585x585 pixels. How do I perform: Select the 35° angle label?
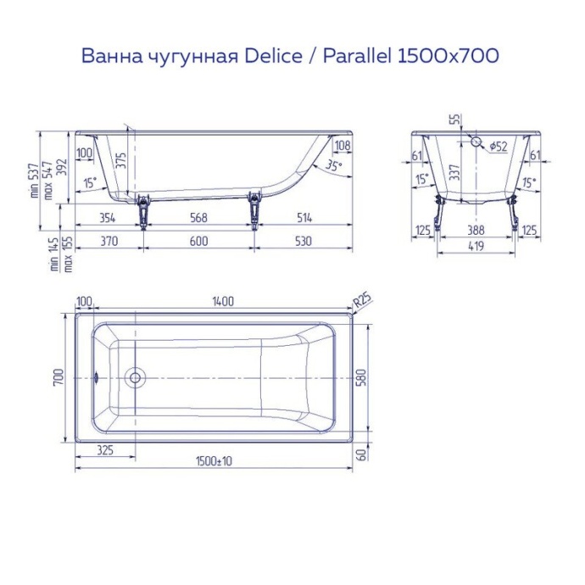[334, 166]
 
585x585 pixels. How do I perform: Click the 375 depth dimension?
[121, 161]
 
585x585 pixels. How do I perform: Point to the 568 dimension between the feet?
[198, 218]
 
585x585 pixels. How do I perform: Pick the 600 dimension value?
[198, 241]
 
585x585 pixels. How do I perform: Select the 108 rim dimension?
[342, 146]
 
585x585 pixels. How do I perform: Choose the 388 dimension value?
[476, 230]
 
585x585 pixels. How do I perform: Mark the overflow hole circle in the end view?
[476, 143]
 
